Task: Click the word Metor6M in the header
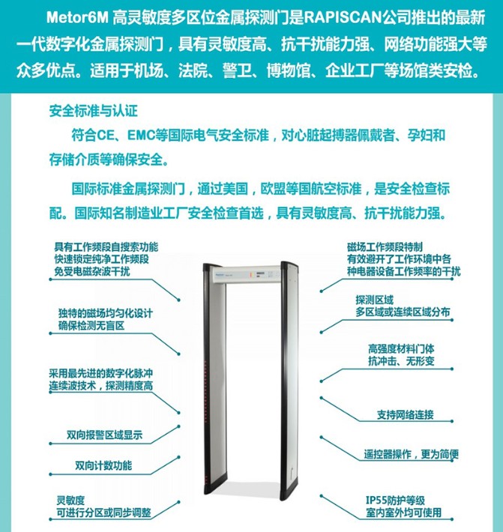[x=76, y=18]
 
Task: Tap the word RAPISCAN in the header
[x=342, y=18]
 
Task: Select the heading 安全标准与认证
[x=94, y=111]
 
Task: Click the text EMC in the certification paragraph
[x=140, y=136]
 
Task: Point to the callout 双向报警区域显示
[x=104, y=435]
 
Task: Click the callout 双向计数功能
[x=103, y=465]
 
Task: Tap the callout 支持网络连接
[x=406, y=414]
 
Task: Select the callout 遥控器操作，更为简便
[x=412, y=454]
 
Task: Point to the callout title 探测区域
[x=374, y=300]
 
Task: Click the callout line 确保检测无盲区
[x=91, y=326]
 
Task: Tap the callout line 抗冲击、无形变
[x=401, y=361]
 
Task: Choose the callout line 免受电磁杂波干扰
[x=92, y=271]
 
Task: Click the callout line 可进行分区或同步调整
[x=104, y=513]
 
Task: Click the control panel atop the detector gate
[x=247, y=274]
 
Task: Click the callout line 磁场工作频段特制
[x=385, y=247]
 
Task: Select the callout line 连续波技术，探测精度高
[x=100, y=386]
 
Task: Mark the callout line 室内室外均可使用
[x=403, y=513]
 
